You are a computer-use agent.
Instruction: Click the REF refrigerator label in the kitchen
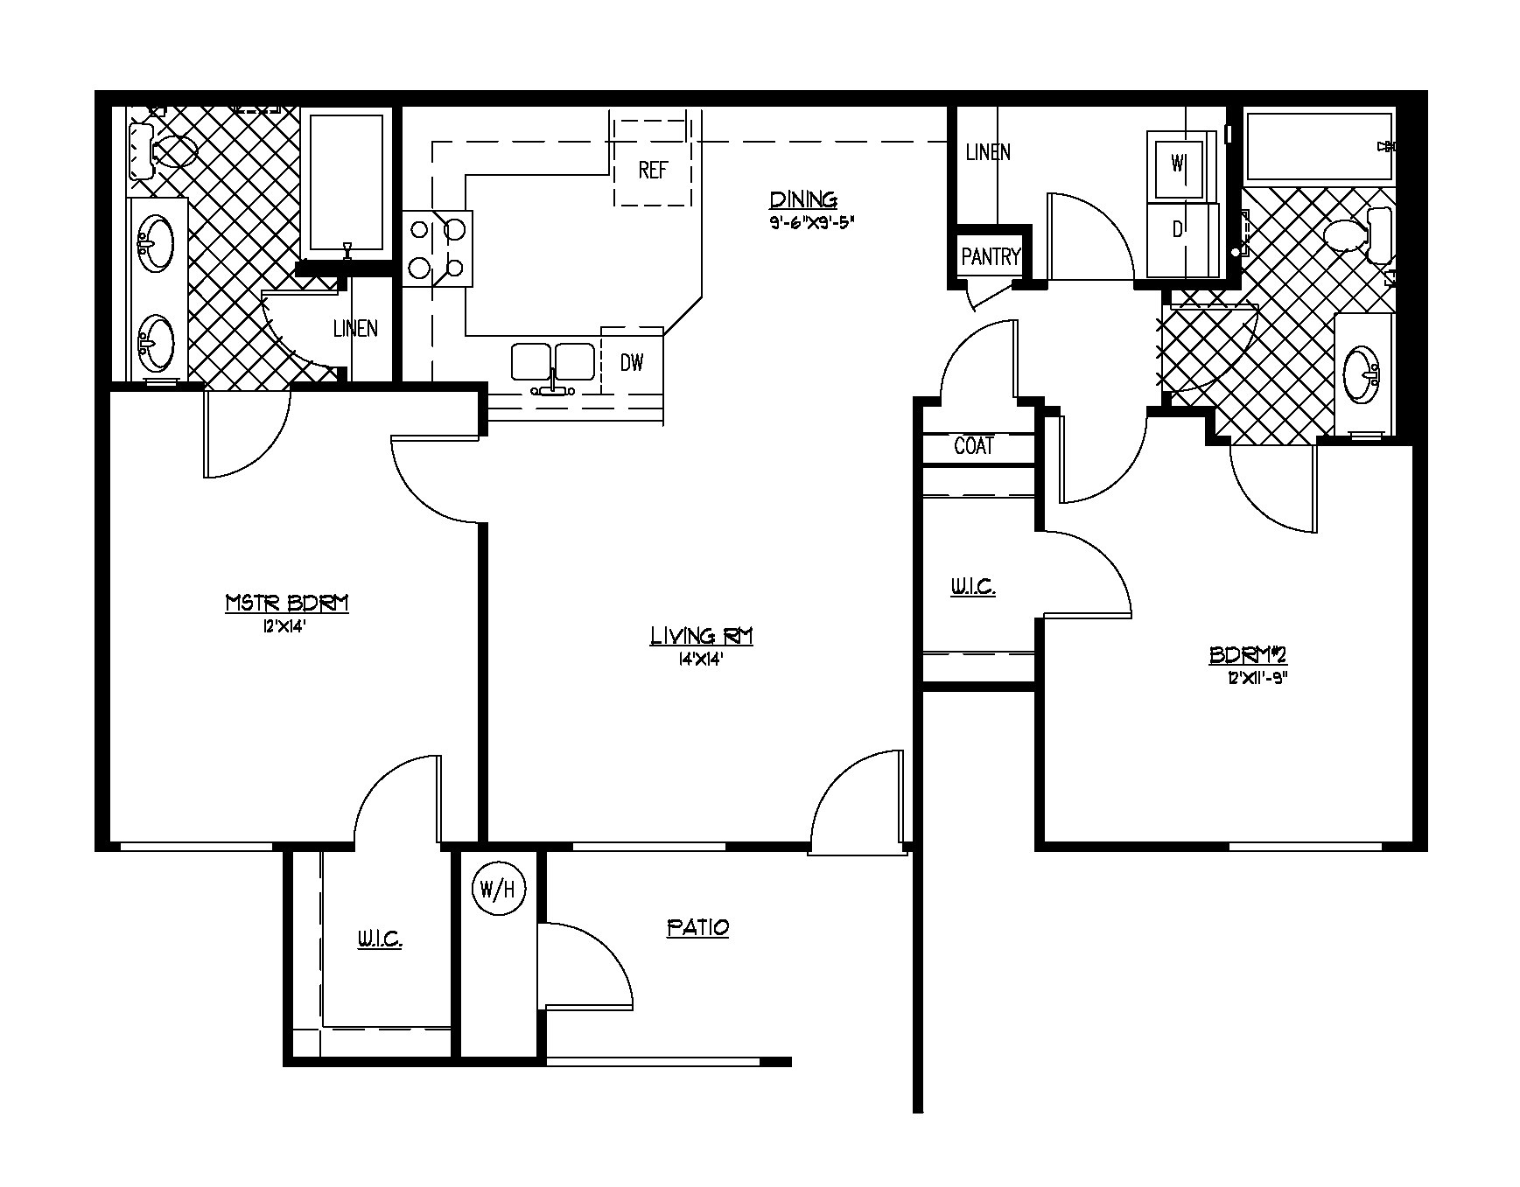pyautogui.click(x=653, y=170)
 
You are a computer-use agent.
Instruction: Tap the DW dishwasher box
pyautogui.click(x=632, y=362)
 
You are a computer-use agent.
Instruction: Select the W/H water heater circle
pyautogui.click(x=499, y=890)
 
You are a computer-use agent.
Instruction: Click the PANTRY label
pyautogui.click(x=991, y=256)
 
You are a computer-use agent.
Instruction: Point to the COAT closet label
pyautogui.click(x=974, y=446)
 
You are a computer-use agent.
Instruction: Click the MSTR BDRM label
pyautogui.click(x=287, y=603)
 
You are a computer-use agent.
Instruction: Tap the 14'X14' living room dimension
pyautogui.click(x=700, y=660)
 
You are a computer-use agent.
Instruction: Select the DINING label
pyautogui.click(x=802, y=199)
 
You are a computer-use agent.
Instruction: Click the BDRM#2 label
pyautogui.click(x=1248, y=654)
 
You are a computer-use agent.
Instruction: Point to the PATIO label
pyautogui.click(x=697, y=927)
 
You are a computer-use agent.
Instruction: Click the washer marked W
pyautogui.click(x=1178, y=164)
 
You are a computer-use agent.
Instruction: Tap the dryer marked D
pyautogui.click(x=1178, y=230)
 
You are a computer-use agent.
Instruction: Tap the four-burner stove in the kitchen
pyautogui.click(x=438, y=248)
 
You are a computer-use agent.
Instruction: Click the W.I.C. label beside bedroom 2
pyautogui.click(x=973, y=586)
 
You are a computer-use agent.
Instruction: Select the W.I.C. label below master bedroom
pyautogui.click(x=379, y=939)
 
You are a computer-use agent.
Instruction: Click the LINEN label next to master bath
pyautogui.click(x=355, y=328)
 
